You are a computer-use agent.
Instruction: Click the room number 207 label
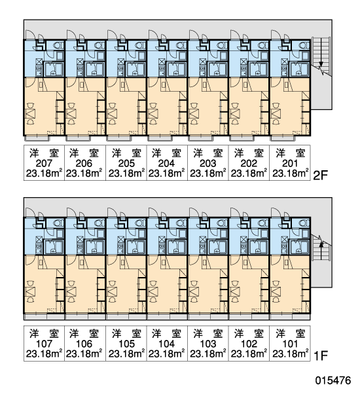pos(44,163)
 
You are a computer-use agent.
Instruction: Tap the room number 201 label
pos(290,163)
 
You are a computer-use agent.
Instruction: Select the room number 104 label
pos(167,344)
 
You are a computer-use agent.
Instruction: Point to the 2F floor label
pos(321,176)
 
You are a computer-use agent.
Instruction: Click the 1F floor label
pos(321,356)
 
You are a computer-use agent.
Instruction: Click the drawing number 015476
pos(333,381)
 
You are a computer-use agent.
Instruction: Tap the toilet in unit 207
pos(58,45)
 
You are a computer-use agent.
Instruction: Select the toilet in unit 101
pos(304,223)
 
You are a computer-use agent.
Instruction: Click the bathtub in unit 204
pos(176,69)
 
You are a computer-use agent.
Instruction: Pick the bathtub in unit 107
pos(54,247)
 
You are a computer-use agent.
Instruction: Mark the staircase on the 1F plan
pos(321,248)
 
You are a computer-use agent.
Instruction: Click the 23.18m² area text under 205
pos(126,173)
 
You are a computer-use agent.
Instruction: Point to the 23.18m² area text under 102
pos(249,354)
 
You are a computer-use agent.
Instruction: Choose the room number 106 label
pos(84,344)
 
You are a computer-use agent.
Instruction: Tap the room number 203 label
pos(208,163)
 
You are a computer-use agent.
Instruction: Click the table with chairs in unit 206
pos(71,113)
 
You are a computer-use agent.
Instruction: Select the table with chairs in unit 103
pos(194,291)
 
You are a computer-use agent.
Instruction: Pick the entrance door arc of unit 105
pos(113,212)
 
